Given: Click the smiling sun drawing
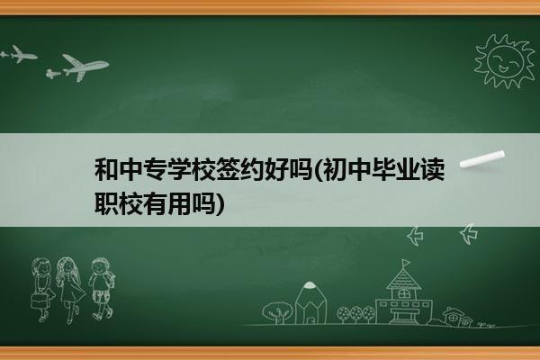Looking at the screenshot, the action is tap(505, 60).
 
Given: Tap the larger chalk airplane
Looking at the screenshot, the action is tap(78, 67).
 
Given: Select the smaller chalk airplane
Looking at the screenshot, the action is tap(19, 54).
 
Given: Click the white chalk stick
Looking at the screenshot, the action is tap(482, 158).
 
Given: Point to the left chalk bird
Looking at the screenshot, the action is tap(415, 236).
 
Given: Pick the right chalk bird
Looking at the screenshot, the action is tap(469, 234).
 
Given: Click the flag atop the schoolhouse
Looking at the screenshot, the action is tap(407, 264).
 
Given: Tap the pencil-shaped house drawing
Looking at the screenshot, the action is tap(310, 302).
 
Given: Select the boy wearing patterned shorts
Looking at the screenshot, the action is tap(101, 288).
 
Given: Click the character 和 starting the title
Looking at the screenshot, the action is tap(106, 169).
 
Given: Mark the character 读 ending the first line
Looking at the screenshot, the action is tap(433, 169).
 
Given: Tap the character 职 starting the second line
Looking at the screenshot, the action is tap(106, 203).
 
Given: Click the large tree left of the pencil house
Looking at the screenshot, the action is tap(277, 312).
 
